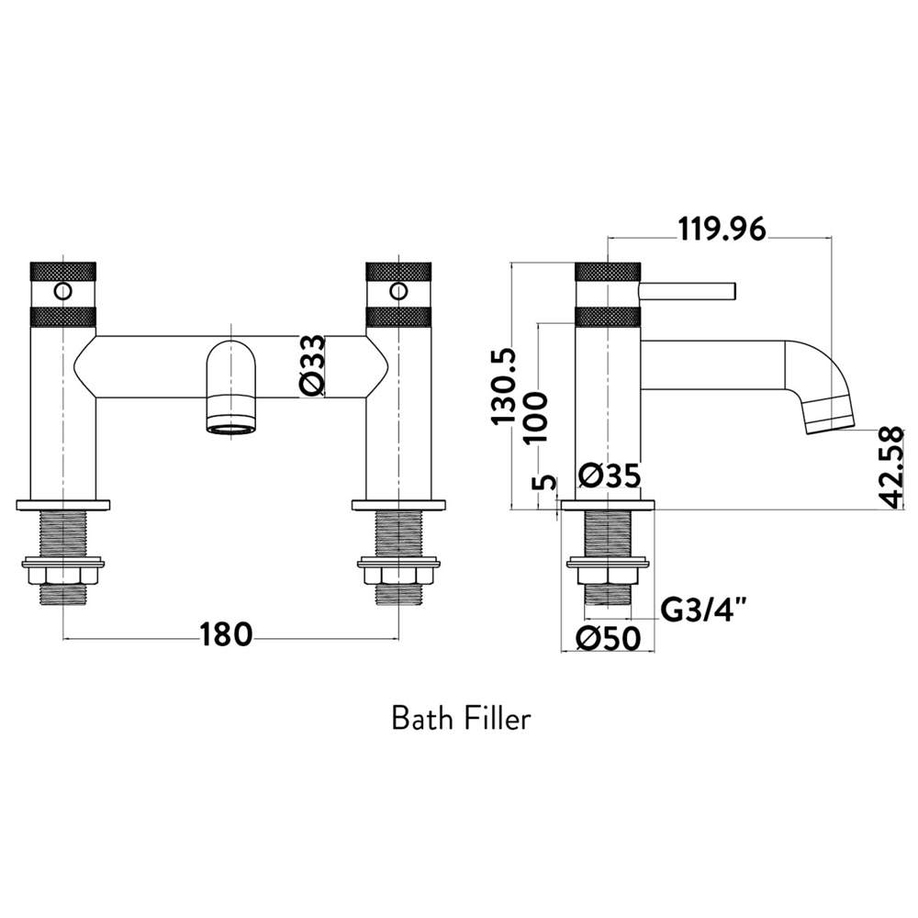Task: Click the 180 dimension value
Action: [x=226, y=634]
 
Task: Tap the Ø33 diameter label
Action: [x=312, y=366]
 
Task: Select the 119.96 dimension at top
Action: [x=721, y=229]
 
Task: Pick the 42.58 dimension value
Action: [x=889, y=467]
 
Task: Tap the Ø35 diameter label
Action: [x=610, y=477]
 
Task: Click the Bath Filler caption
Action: [x=461, y=718]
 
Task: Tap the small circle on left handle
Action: [x=62, y=292]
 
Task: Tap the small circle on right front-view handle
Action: [x=397, y=292]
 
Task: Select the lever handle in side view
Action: [x=688, y=291]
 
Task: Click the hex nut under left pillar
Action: [x=62, y=575]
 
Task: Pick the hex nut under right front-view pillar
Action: [x=397, y=575]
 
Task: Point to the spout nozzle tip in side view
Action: [x=829, y=419]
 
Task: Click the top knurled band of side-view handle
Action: [x=608, y=272]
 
